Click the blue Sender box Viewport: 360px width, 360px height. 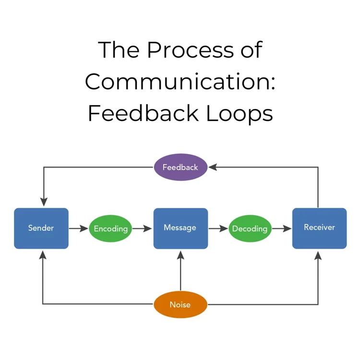coord(41,228)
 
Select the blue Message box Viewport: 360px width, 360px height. coord(180,228)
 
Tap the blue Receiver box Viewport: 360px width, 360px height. coord(319,228)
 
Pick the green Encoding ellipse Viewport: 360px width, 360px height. coord(111,228)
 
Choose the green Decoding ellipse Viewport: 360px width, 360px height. coord(250,228)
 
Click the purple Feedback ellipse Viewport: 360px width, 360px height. coord(180,168)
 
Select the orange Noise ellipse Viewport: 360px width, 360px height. coord(180,304)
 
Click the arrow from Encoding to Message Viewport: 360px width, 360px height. coord(143,228)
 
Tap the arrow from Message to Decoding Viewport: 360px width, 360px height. coord(218,228)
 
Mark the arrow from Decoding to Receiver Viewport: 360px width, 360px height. coord(282,228)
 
